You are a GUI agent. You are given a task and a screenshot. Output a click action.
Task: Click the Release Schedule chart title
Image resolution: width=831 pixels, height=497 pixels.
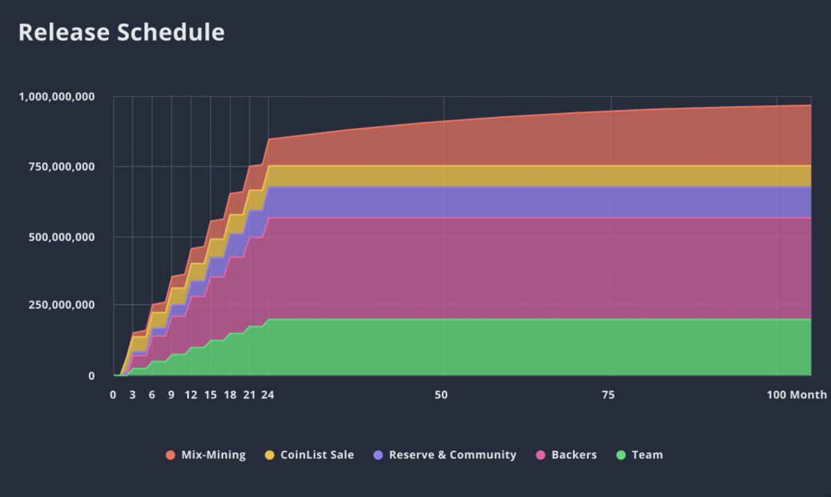121,33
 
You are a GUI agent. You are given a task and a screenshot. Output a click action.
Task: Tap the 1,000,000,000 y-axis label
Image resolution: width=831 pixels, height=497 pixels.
57,96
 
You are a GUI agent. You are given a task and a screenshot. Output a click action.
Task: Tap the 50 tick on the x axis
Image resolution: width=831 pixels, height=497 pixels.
441,395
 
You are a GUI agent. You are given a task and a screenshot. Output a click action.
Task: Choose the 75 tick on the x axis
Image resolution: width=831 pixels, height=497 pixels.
608,395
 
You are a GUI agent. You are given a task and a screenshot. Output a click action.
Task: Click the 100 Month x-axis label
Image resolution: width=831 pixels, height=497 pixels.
796,395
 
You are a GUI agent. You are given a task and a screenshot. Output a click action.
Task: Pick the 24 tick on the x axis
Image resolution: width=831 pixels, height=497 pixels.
267,395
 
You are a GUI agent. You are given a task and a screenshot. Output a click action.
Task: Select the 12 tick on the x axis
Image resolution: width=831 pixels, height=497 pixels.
190,395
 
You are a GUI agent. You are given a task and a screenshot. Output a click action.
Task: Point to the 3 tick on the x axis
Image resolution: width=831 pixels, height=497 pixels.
132,395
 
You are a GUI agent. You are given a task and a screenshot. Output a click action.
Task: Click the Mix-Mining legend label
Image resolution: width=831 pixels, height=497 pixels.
213,455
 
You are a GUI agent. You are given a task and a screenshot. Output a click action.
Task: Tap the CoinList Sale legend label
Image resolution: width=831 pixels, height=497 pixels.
317,455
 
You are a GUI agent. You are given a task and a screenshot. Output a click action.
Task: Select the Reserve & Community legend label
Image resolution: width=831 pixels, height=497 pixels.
452,455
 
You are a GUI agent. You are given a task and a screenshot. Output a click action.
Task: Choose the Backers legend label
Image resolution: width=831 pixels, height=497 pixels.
574,455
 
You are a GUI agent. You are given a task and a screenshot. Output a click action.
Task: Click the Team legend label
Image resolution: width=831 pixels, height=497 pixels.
647,455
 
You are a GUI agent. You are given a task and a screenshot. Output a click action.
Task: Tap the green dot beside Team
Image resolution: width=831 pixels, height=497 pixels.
621,455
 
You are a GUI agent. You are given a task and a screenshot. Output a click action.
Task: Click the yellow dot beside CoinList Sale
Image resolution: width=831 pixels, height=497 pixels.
269,455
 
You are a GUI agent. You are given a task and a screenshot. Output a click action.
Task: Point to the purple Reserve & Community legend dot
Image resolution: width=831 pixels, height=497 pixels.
378,455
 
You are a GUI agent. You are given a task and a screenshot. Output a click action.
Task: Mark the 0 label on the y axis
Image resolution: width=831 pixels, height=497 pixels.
91,376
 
